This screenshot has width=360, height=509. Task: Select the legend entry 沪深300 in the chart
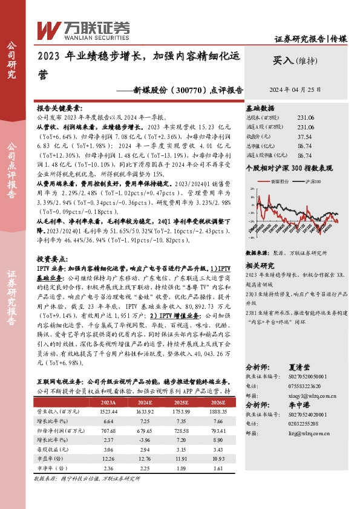(312, 181)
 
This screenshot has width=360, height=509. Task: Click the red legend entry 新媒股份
(283, 181)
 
